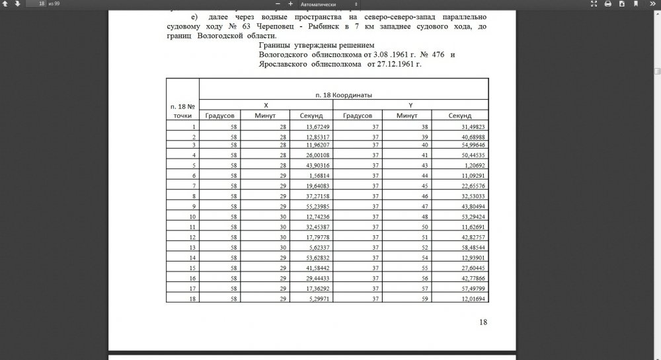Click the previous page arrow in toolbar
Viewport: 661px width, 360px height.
tap(6, 4)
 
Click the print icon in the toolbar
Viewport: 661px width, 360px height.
tap(607, 4)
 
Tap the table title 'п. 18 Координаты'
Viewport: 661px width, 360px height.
tap(343, 95)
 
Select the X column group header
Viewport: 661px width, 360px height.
tap(265, 105)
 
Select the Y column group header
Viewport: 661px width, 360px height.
tap(410, 105)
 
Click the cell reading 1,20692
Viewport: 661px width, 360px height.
tap(474, 164)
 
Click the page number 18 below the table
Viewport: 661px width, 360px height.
tap(482, 322)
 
